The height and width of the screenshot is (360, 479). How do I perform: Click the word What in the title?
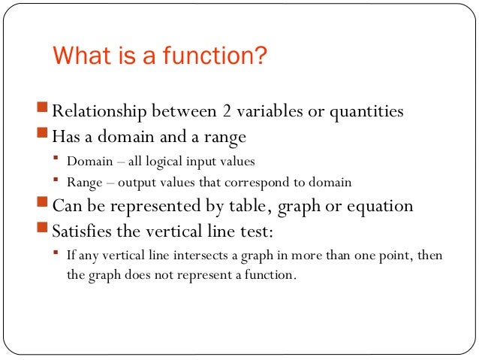[77, 57]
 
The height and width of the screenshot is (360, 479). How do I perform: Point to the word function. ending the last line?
[272, 275]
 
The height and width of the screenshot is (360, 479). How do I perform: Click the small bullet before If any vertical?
[57, 253]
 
